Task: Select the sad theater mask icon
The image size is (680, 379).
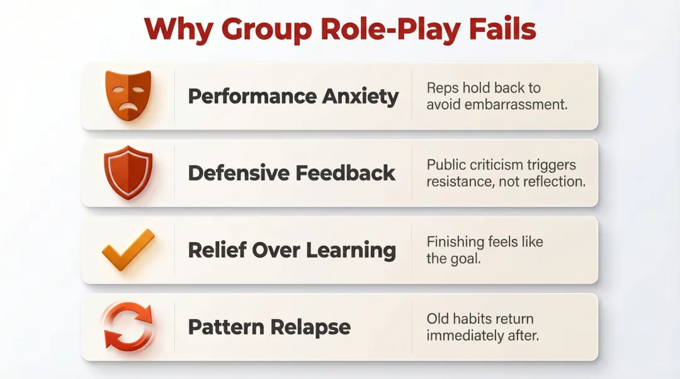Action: [x=128, y=94]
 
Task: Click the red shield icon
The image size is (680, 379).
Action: [x=128, y=173]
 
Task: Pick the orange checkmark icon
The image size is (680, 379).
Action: [x=128, y=250]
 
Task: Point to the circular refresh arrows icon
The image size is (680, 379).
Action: [x=128, y=327]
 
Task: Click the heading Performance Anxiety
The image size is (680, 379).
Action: [x=293, y=96]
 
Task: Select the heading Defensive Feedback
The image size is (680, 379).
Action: [x=292, y=173]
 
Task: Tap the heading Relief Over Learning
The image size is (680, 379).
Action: [x=292, y=250]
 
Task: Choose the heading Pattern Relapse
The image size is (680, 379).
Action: [x=269, y=327]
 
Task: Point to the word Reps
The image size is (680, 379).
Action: [x=441, y=87]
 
